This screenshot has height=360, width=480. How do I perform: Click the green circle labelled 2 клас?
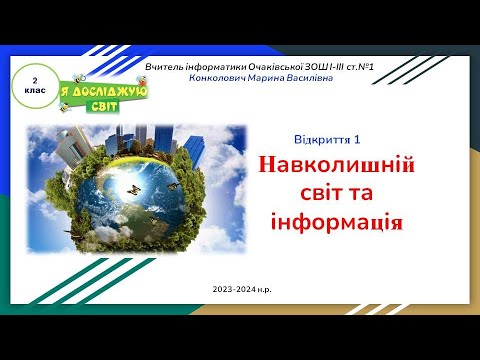[x=35, y=82]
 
